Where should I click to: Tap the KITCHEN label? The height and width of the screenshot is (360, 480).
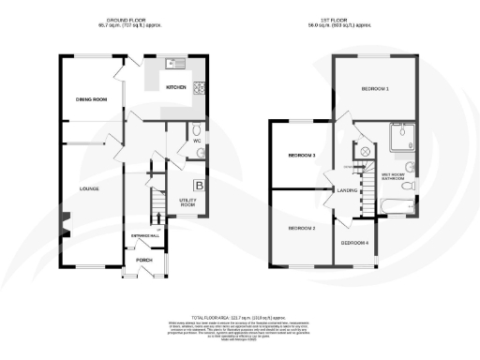[x=176, y=87]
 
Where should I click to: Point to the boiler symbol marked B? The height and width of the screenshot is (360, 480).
[x=198, y=186]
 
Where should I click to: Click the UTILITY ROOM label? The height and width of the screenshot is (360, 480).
[x=187, y=202]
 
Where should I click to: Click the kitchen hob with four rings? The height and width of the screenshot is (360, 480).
[x=199, y=89]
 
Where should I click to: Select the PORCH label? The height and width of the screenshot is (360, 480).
[x=144, y=260]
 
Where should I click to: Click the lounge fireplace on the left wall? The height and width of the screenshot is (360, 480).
[x=65, y=224]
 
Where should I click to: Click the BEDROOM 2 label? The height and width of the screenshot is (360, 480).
[x=301, y=229]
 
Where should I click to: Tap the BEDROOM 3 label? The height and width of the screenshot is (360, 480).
[x=301, y=155]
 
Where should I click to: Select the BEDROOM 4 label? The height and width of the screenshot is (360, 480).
[x=353, y=243]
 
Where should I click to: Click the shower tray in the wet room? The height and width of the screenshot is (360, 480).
[x=404, y=139]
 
